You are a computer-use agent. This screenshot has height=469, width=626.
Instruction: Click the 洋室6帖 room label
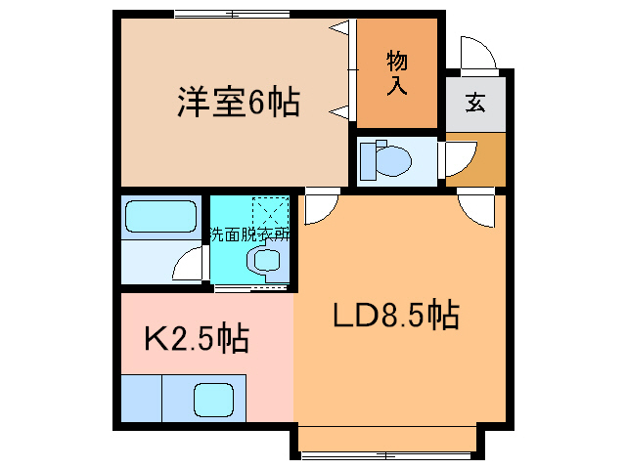click(238, 103)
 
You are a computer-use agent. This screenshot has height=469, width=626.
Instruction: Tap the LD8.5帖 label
click(396, 316)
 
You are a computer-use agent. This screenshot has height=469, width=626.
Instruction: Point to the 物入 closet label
click(397, 73)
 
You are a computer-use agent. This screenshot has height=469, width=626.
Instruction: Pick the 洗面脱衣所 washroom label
click(248, 234)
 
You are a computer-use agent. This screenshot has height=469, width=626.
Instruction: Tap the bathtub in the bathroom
click(161, 216)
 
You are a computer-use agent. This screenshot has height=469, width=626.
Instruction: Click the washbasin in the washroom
click(264, 261)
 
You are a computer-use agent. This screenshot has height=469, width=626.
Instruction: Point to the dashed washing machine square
click(271, 212)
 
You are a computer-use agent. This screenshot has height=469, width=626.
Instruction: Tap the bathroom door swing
click(189, 265)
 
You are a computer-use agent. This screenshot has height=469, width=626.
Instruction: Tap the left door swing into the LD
click(320, 207)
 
